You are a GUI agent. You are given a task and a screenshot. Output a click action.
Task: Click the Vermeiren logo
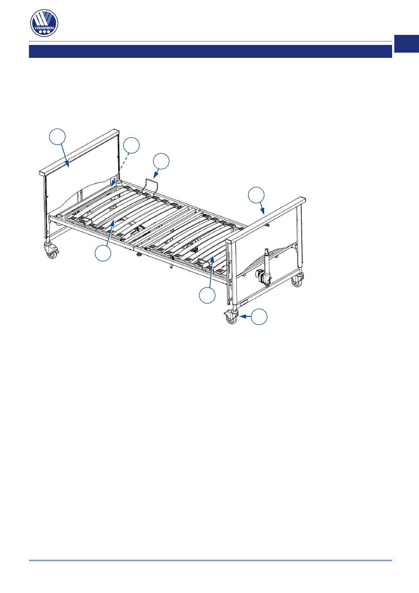[x=44, y=23]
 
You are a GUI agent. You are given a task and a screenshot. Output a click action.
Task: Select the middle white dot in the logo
[x=44, y=32]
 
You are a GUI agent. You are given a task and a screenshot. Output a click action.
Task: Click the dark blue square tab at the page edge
[x=407, y=44]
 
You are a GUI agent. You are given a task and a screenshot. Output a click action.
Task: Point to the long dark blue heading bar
[x=210, y=51]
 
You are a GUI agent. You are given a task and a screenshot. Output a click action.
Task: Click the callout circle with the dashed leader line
[x=131, y=145]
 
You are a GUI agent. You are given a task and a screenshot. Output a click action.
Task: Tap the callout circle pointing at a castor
[x=259, y=316]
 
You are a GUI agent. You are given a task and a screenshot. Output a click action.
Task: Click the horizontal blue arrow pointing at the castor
[x=245, y=316]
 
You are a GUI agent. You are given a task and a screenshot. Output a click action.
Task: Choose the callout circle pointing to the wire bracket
[x=161, y=161]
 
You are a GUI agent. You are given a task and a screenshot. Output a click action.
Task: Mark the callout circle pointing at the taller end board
[x=57, y=137]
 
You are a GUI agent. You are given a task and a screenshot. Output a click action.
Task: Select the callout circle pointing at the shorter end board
[x=256, y=195]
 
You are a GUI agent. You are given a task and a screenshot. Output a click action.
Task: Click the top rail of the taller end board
[x=79, y=152]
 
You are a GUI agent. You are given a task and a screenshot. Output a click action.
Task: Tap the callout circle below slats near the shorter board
[x=207, y=295]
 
